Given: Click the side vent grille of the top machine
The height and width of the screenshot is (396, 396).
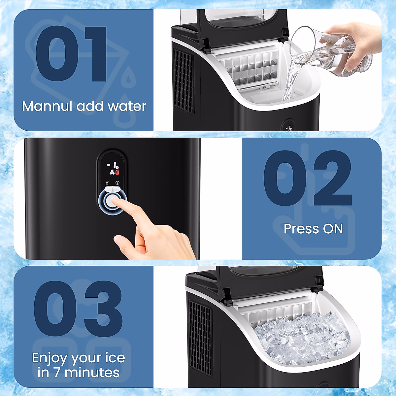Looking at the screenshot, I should pyautogui.click(x=184, y=81).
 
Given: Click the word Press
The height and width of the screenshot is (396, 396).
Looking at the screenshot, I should pyautogui.click(x=301, y=229).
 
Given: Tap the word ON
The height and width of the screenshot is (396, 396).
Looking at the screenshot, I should pyautogui.click(x=333, y=229).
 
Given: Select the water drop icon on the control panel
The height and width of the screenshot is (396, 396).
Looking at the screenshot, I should pyautogui.click(x=107, y=182).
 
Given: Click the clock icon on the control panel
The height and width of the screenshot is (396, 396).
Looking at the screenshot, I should pyautogui.click(x=117, y=182).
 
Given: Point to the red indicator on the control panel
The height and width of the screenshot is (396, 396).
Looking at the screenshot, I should pyautogui.click(x=117, y=172).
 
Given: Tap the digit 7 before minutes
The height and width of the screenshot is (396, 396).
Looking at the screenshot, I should pyautogui.click(x=57, y=373).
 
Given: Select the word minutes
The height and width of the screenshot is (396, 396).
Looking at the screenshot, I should pyautogui.click(x=92, y=373).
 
